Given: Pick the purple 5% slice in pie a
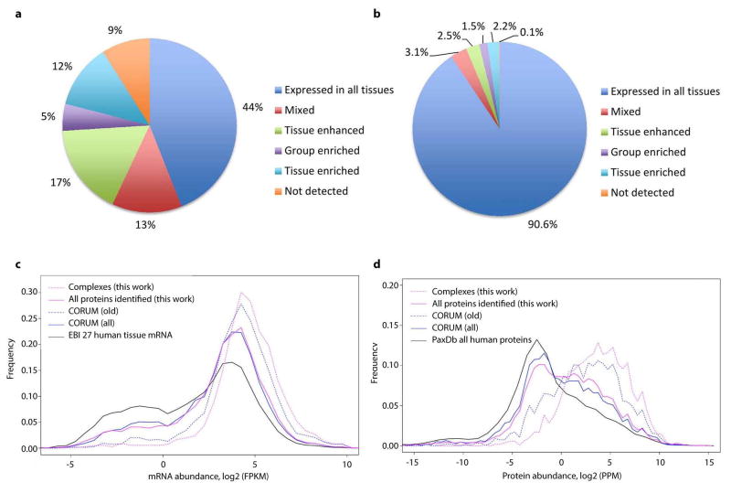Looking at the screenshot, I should [x=79, y=118].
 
